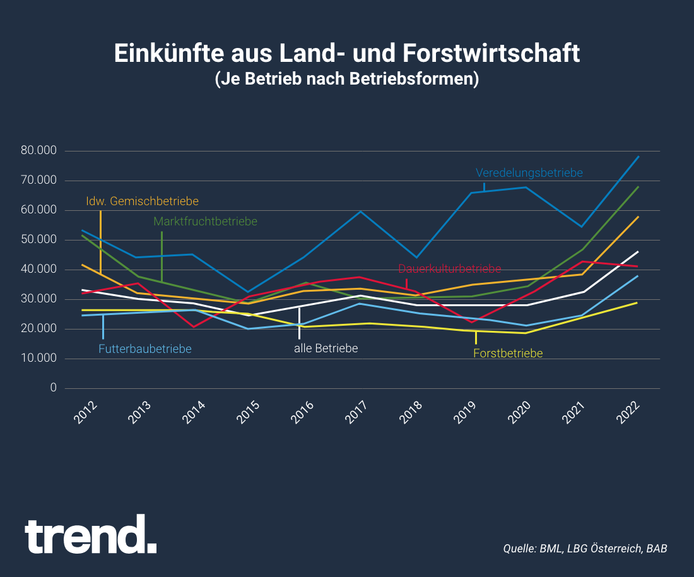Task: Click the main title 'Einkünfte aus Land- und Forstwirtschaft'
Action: point(346,54)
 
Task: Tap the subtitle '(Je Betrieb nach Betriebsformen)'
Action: point(346,80)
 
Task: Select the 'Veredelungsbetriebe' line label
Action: point(529,172)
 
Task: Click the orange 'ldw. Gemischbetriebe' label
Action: point(142,201)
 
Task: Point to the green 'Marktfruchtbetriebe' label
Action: point(205,222)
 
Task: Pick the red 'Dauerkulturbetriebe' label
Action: point(449,270)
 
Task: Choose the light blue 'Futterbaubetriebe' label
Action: point(145,348)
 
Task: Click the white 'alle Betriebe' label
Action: point(326,348)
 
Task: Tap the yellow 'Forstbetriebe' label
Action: point(508,354)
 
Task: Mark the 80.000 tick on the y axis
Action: point(38,151)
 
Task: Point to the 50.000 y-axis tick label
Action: point(38,240)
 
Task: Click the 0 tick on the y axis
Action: point(53,388)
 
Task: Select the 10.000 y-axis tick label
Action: point(38,358)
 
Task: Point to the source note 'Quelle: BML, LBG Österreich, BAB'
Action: point(585,548)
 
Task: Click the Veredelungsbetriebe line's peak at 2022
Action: point(638,157)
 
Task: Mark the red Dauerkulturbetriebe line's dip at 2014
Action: point(193,326)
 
